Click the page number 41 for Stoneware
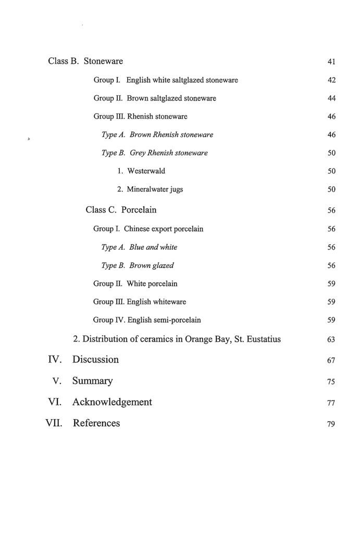click(331, 62)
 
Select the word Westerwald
click(146, 171)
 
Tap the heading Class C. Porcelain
click(121, 210)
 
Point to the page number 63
click(331, 340)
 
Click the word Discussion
click(95, 360)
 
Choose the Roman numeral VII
click(54, 423)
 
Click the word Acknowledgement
click(112, 402)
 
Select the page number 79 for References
click(331, 424)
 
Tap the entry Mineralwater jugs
click(155, 189)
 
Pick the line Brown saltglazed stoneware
click(171, 98)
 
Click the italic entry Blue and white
click(154, 247)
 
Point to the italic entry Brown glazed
click(152, 265)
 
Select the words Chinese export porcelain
click(164, 229)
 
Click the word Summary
click(93, 381)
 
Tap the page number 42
click(331, 80)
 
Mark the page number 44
click(331, 98)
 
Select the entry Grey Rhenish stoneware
click(169, 153)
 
